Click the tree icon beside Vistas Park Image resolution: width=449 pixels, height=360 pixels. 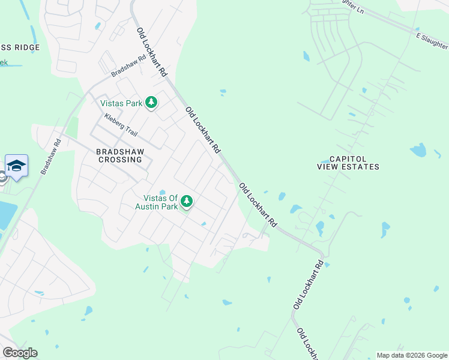tap(152, 103)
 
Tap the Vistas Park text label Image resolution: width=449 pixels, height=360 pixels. tap(122, 103)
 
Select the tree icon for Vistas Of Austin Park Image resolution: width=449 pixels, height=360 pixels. tap(187, 202)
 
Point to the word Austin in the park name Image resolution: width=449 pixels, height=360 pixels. tap(149, 206)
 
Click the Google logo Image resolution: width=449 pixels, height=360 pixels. tap(20, 353)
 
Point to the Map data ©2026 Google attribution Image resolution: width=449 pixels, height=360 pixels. tap(412, 355)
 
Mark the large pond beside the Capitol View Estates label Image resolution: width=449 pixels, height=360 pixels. tap(418, 150)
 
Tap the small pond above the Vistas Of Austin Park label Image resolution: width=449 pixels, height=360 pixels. tap(162, 192)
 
